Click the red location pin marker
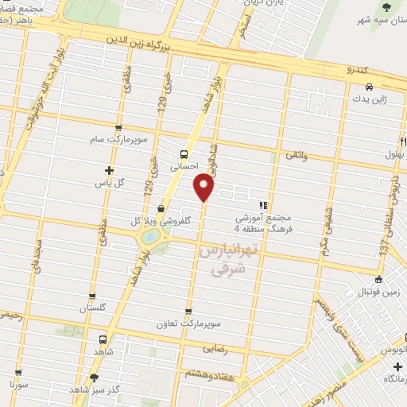204,188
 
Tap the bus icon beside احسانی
184,154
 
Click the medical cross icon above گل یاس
109,170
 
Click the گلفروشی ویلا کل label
159,221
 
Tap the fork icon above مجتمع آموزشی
263,205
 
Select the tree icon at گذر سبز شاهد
94,378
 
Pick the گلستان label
92,307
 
